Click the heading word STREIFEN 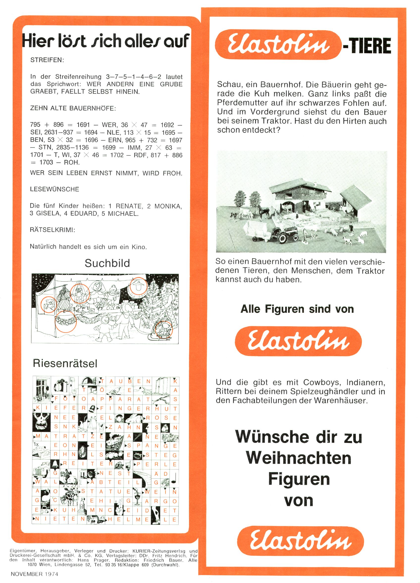[x=47, y=60]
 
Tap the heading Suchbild [x=107, y=263]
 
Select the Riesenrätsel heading [x=65, y=363]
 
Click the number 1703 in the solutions [x=46, y=162]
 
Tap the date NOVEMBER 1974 [x=34, y=574]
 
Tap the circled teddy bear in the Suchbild [x=49, y=304]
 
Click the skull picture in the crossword [x=42, y=422]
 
